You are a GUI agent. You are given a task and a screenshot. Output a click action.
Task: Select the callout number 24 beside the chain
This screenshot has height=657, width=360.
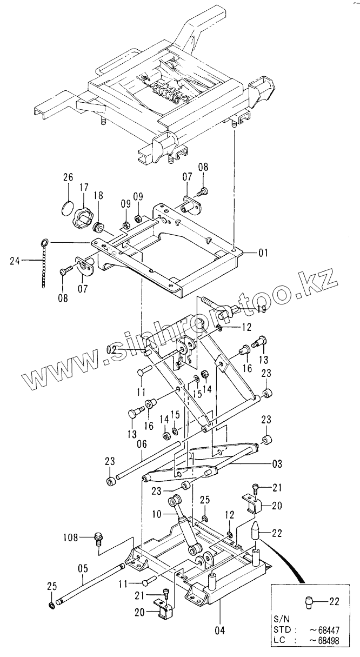coord(16,261)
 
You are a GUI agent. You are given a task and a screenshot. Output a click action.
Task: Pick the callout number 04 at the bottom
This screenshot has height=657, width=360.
coord(220,629)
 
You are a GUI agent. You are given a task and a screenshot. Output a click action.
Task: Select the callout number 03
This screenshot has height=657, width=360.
coord(276,463)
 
